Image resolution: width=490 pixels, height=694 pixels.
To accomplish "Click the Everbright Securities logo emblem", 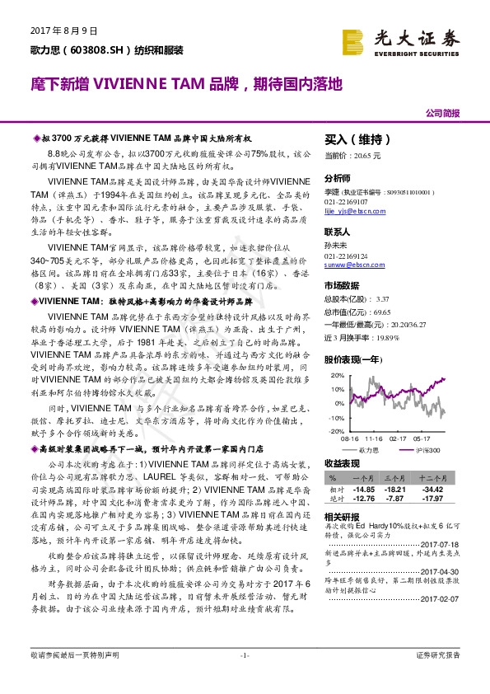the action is tap(352, 40).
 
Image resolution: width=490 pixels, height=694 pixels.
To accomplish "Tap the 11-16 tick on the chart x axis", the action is tap(372, 439).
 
